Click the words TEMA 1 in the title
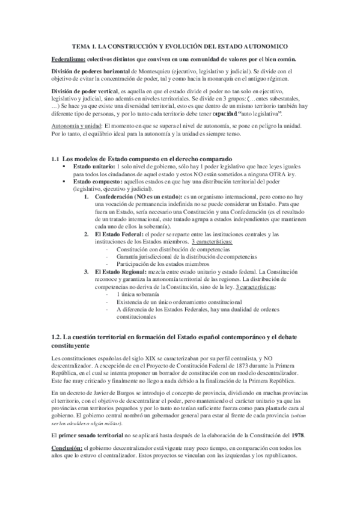[x=85, y=46]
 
